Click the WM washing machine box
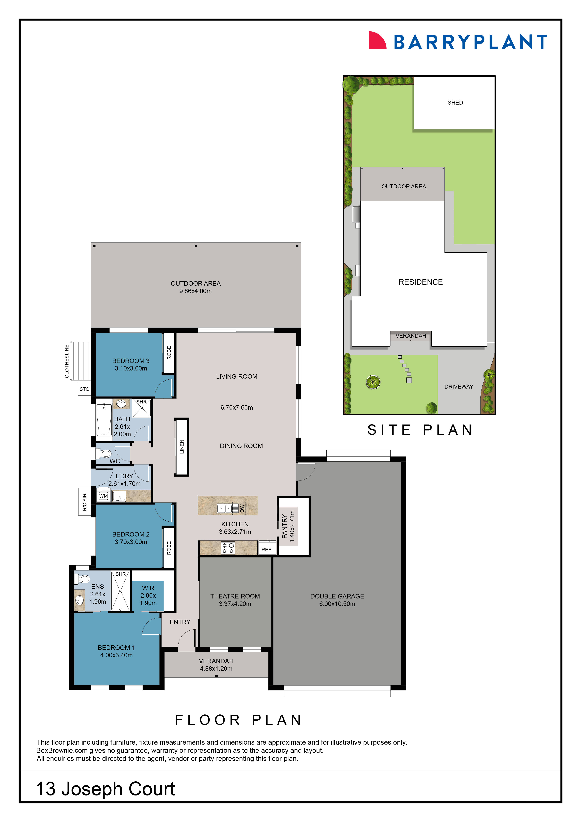coord(103,496)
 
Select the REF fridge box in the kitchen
coord(266,550)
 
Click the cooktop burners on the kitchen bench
coord(228,548)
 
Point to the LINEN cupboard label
coord(182,447)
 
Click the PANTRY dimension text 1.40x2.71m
coord(292,526)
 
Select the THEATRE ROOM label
coord(235,596)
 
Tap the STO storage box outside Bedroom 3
coord(84,389)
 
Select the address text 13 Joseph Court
coord(106,789)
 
